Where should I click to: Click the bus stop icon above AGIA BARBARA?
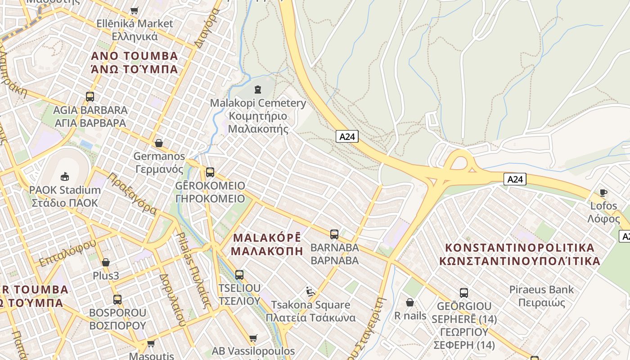coord(90,96)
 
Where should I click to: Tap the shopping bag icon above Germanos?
coord(158,143)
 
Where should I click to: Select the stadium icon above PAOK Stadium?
coord(65,176)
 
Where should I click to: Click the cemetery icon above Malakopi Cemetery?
coord(257,90)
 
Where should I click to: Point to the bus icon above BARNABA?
coord(334,234)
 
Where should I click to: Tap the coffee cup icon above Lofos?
coord(603,193)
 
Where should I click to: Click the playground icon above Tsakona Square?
coord(310,292)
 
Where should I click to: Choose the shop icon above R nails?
coord(409,302)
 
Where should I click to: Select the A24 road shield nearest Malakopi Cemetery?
coord(347,136)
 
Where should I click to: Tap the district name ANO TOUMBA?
coord(135,56)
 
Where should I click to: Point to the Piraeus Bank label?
coord(541,289)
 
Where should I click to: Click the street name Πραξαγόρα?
coord(132,194)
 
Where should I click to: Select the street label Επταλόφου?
coord(67,253)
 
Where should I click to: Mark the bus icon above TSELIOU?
coord(239,274)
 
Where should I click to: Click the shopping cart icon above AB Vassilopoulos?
coord(253,338)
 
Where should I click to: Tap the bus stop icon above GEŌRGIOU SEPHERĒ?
coord(464,292)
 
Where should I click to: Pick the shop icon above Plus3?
coord(106,262)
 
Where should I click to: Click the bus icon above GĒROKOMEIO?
coord(210,172)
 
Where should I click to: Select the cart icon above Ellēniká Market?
coord(134,10)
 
